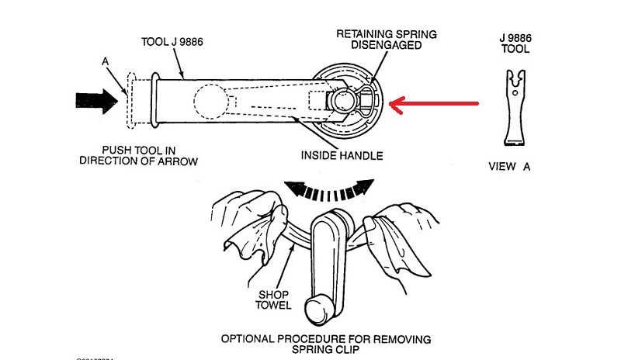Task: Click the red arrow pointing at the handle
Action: pyautogui.click(x=435, y=102)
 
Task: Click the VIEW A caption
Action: pyautogui.click(x=509, y=166)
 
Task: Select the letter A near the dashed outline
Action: pyautogui.click(x=105, y=61)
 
